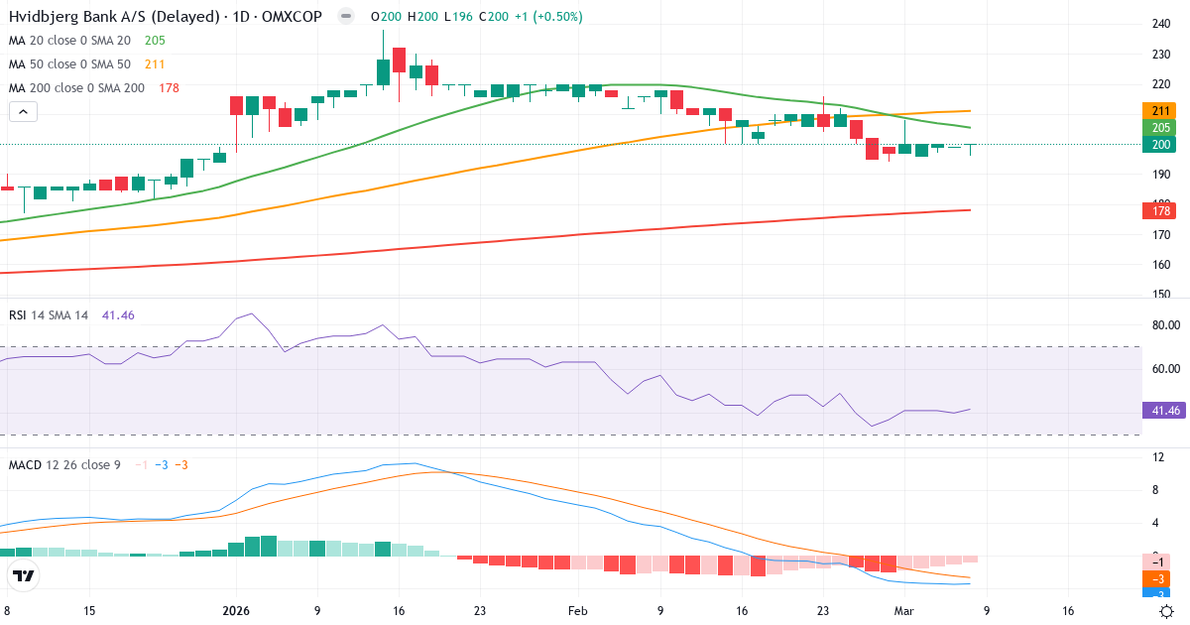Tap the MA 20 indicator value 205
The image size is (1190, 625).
tap(155, 41)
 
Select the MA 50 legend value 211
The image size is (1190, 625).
tap(155, 64)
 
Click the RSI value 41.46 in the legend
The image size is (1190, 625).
tap(118, 315)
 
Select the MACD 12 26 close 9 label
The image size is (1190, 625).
tap(64, 465)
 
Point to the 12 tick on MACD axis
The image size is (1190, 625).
tap(1157, 457)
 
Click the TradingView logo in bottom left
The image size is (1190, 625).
tap(23, 575)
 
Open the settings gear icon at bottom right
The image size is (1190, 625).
tap(1168, 611)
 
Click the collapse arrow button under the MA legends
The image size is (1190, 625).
tap(23, 112)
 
